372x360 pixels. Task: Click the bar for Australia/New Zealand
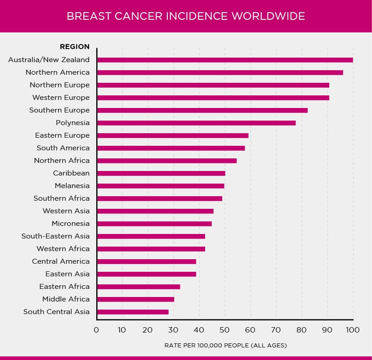[x=225, y=60]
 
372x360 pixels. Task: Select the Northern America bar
[x=220, y=72]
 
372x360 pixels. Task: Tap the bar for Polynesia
[x=196, y=123]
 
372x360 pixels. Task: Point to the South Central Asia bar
[x=133, y=312]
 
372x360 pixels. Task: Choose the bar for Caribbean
[x=161, y=173]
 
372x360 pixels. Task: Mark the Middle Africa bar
[x=135, y=299]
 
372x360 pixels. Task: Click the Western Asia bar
[x=155, y=211]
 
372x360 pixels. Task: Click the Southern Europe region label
[x=59, y=110]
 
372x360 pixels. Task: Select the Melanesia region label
[x=72, y=186]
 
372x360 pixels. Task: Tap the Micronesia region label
[x=71, y=224]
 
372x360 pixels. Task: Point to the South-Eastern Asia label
[x=56, y=236]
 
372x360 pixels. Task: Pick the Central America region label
[x=61, y=261]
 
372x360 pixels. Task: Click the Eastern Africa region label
[x=64, y=287]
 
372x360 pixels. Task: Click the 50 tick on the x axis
[x=224, y=330]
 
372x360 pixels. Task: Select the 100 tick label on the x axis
[x=353, y=330]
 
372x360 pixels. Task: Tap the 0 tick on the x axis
[x=96, y=330]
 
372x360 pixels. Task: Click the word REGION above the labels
[x=75, y=47]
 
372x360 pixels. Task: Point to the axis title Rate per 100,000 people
[x=225, y=346]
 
